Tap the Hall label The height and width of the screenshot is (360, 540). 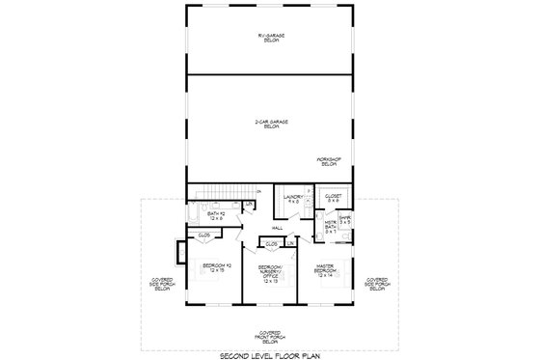[277, 228]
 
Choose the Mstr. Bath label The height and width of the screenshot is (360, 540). [330, 229]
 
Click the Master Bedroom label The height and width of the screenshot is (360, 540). [325, 272]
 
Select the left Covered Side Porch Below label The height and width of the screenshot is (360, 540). [162, 286]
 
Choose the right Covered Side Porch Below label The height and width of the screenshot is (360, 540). [377, 286]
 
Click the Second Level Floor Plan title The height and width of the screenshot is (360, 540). [270, 353]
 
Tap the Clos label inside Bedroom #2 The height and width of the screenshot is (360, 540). [204, 235]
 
